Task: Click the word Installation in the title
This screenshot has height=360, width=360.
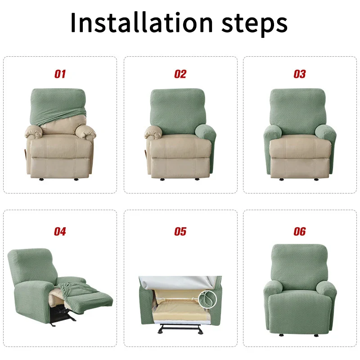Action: click(x=141, y=22)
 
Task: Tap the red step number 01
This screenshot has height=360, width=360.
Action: click(x=60, y=74)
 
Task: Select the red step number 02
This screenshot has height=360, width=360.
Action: click(x=180, y=74)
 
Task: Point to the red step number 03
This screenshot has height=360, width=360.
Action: click(x=300, y=74)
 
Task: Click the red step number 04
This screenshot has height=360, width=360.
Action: click(x=60, y=232)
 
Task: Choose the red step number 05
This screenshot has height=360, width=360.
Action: click(x=180, y=232)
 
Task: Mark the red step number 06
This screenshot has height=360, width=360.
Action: click(x=300, y=232)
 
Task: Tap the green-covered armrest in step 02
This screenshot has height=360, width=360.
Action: click(x=205, y=135)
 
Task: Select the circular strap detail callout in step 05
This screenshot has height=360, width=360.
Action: click(x=209, y=298)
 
